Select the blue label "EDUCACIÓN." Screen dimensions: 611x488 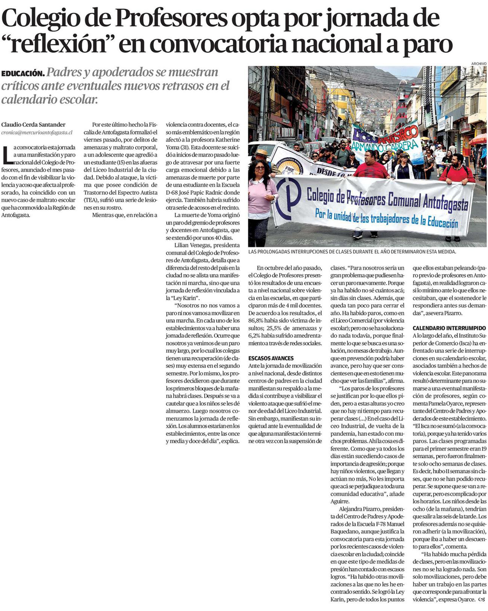(23, 73)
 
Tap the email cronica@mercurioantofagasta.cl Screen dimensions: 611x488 (37, 132)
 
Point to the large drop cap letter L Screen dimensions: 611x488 (6, 154)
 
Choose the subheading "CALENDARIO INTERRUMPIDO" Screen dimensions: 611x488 (449, 328)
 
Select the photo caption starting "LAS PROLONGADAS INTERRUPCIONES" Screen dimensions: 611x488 (352, 252)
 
